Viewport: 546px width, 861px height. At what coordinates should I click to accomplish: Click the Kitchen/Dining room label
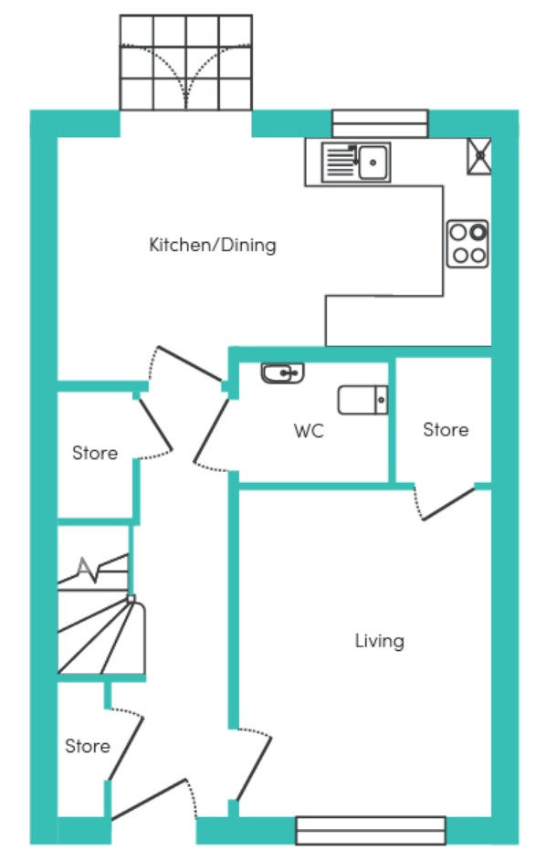point(213,245)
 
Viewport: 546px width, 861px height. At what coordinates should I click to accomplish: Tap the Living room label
point(380,641)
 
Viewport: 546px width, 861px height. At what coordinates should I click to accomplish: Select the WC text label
point(309,431)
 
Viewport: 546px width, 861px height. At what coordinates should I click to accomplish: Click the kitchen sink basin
point(374,163)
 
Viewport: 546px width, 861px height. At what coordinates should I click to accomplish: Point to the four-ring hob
point(467,244)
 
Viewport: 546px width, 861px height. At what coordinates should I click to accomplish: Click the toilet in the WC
point(363,400)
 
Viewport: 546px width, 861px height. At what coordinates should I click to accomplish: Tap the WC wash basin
point(282,373)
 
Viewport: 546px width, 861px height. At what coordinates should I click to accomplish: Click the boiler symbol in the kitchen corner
point(479,156)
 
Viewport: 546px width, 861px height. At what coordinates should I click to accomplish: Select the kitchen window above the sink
point(380,123)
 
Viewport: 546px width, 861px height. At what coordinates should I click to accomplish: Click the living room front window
point(371,831)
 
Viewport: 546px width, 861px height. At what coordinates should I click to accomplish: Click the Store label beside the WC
point(446,430)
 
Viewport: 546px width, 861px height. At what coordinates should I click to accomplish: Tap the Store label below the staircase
point(88,746)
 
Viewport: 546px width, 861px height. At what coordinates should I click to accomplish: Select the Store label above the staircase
point(95,453)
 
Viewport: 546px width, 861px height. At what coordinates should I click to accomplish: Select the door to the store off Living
point(448,504)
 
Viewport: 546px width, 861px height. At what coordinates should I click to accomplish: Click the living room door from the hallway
point(254,768)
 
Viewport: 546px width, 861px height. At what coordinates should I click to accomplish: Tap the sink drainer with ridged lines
point(340,163)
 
